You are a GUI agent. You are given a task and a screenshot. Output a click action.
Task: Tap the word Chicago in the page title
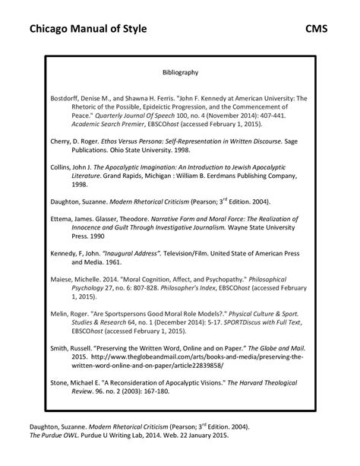pyautogui.click(x=51, y=30)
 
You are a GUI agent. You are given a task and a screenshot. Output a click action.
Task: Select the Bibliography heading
pyautogui.click(x=180, y=73)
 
